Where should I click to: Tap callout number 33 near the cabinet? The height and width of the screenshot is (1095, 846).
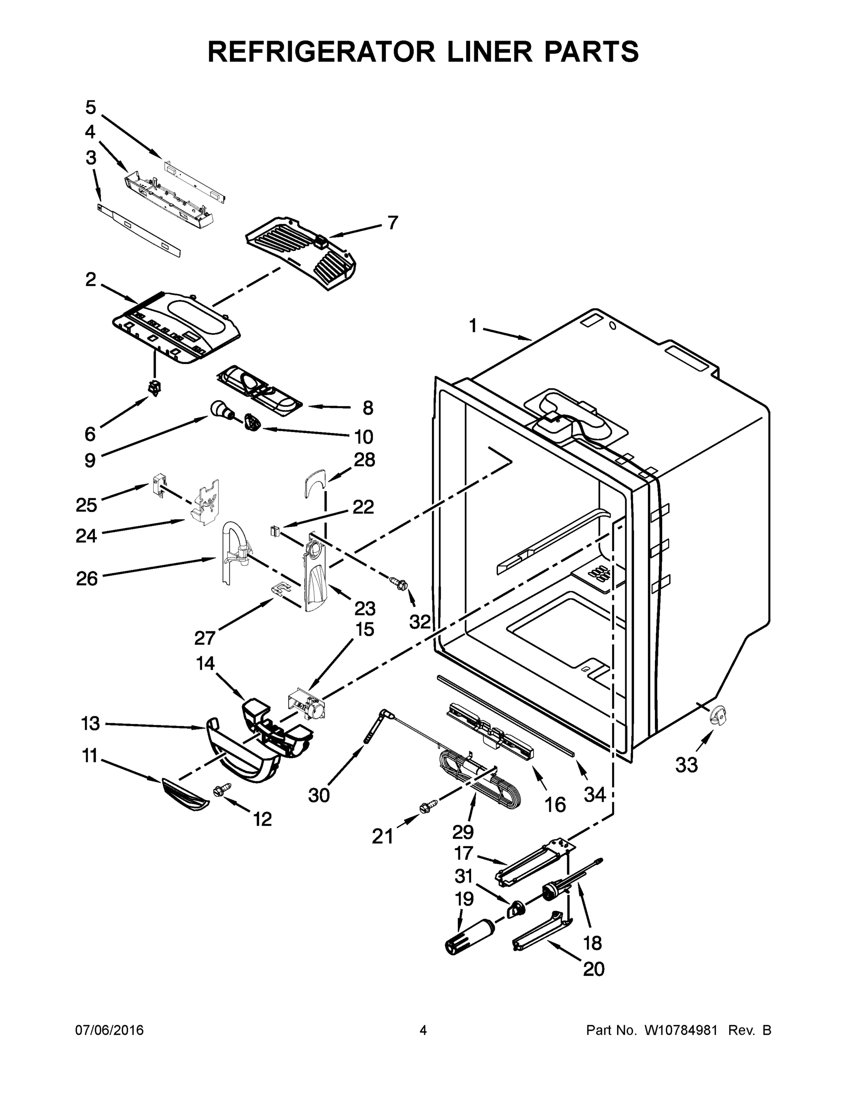tap(686, 765)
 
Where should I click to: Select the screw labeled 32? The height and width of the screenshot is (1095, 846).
tap(400, 582)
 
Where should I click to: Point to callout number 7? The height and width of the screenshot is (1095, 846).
tap(392, 222)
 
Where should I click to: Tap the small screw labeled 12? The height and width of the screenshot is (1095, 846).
tap(220, 790)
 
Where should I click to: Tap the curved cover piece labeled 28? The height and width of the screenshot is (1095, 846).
tap(315, 482)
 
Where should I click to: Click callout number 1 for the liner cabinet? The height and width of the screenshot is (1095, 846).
tap(472, 326)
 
